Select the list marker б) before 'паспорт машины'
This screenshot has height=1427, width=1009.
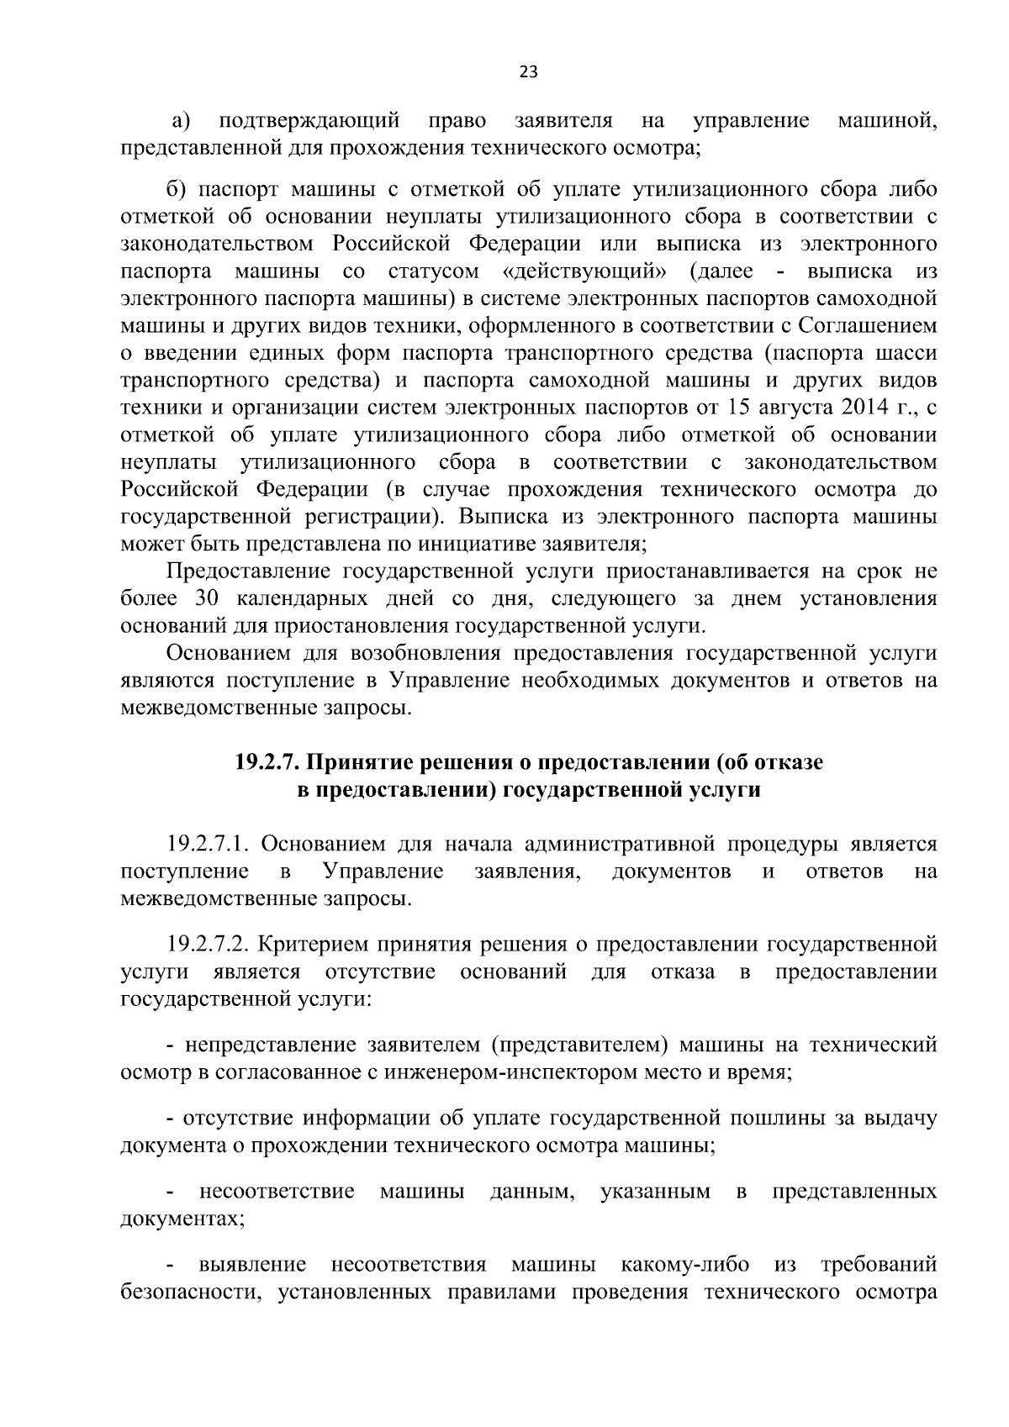[181, 190]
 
